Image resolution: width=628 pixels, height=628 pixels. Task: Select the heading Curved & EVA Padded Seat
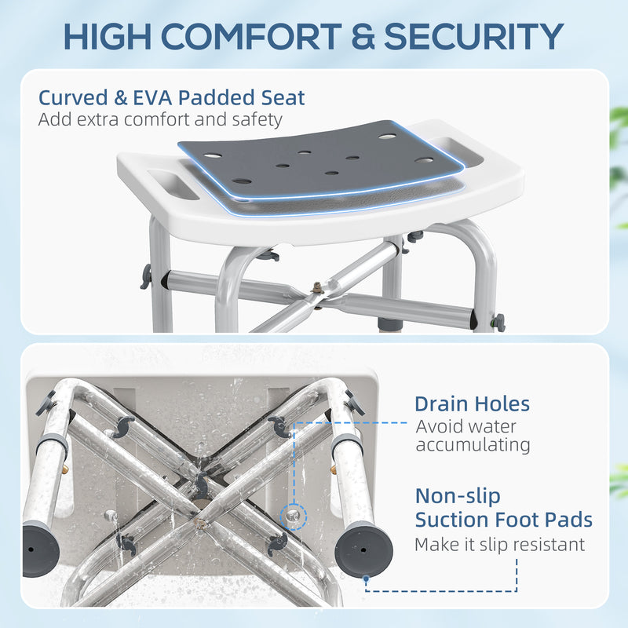pos(172,98)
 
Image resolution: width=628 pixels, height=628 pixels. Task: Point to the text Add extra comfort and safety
pos(160,120)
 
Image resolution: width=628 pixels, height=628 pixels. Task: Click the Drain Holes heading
pos(472,404)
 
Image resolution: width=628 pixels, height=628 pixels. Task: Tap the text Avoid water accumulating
pos(473,436)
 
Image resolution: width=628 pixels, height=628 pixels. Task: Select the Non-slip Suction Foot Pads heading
pos(503,508)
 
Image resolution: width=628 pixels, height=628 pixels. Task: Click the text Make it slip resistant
pos(499,544)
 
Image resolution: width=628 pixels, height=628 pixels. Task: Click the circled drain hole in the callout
pos(294,511)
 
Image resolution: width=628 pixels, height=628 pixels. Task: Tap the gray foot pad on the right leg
pos(362,549)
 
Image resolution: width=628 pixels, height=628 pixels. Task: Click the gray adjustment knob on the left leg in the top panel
pos(145,276)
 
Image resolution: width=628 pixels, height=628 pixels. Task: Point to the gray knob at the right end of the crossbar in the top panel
pos(497,323)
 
